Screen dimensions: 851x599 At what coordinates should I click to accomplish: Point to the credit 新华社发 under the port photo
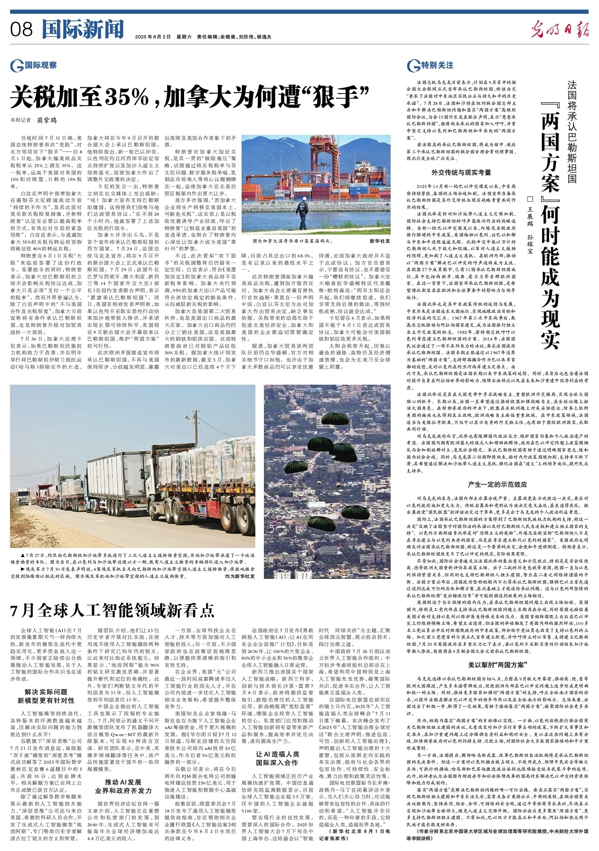(x=380, y=241)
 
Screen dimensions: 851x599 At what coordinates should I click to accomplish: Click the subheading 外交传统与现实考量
(x=461, y=172)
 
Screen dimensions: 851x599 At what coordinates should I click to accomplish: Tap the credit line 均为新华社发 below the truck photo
(x=239, y=576)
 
